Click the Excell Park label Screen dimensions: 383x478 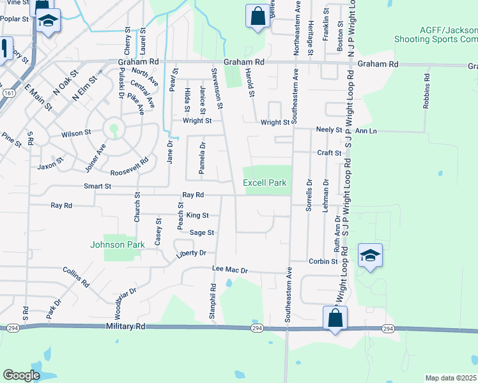[265, 183]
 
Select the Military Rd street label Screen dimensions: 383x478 [127, 326]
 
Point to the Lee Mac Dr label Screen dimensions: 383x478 [229, 271]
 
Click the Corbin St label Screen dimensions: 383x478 [323, 261]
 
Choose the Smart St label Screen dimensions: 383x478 [98, 186]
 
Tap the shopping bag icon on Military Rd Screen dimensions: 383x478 [335, 317]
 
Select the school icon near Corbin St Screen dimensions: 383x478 [371, 255]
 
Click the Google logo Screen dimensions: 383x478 [21, 375]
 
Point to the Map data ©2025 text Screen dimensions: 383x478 [451, 378]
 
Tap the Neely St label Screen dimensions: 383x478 [329, 130]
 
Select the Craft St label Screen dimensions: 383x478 [329, 153]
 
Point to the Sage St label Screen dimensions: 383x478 [201, 233]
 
